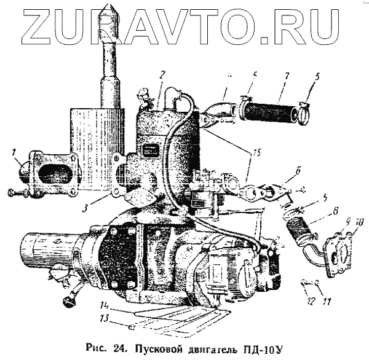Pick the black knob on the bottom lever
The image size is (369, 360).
point(67,301)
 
